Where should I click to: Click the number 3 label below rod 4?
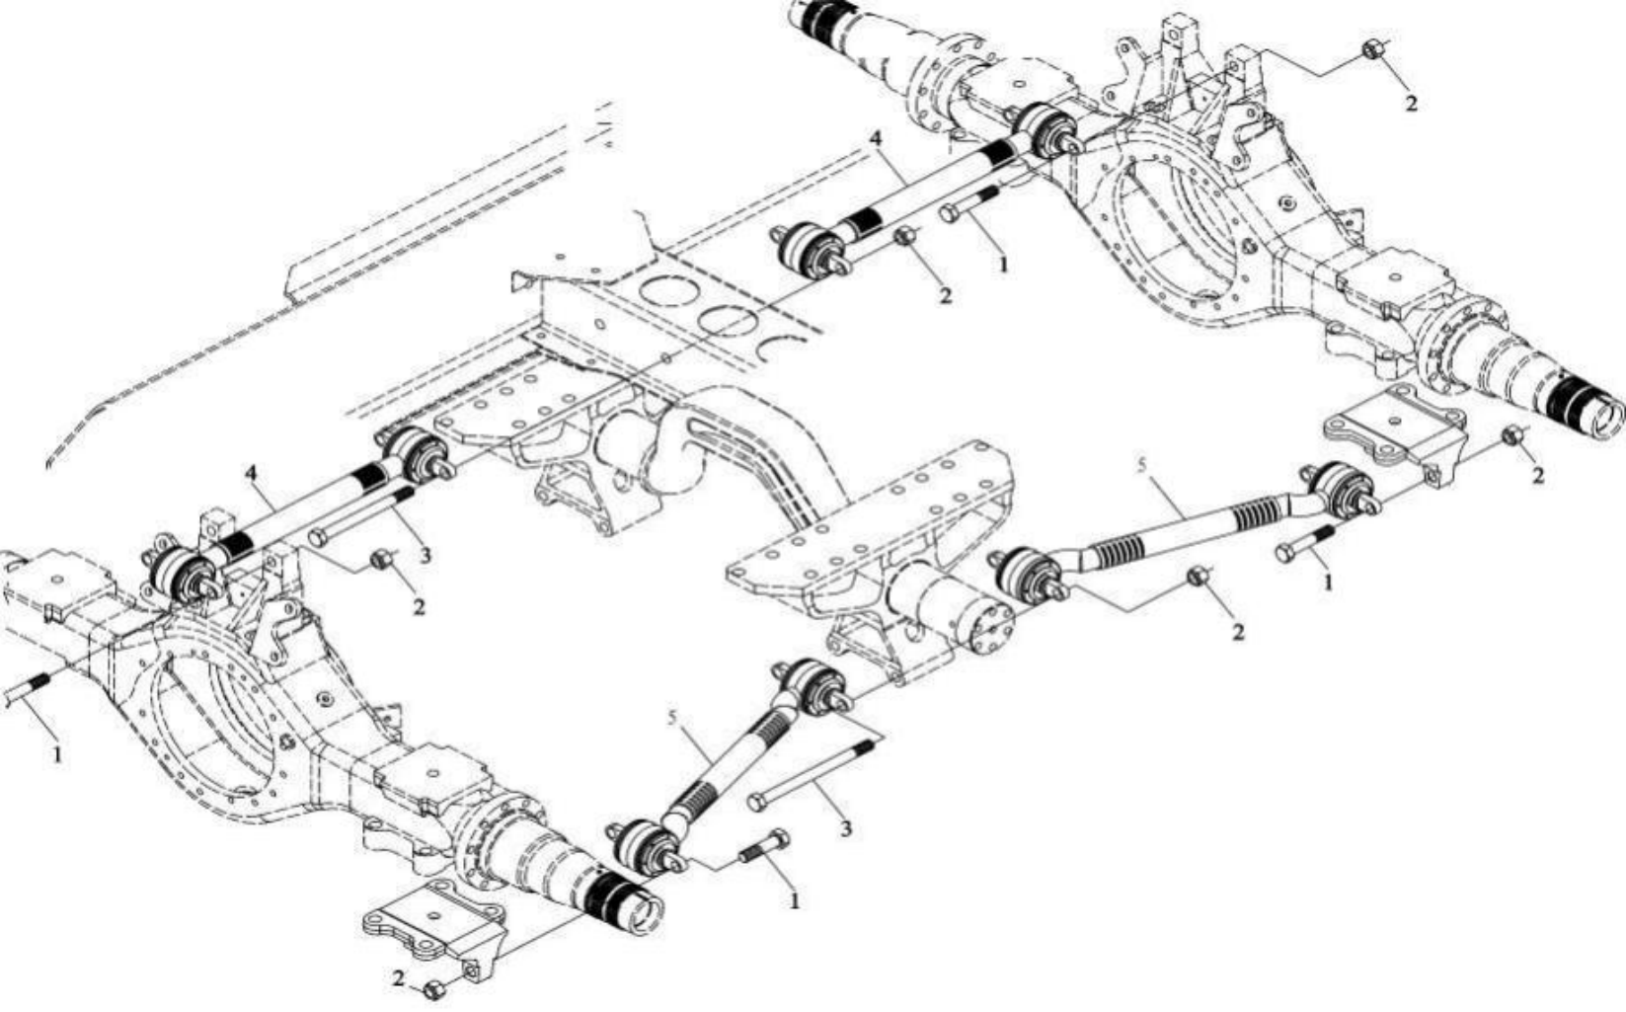pyautogui.click(x=426, y=556)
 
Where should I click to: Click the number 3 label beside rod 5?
pyautogui.click(x=845, y=827)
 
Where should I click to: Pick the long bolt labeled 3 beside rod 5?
pyautogui.click(x=814, y=772)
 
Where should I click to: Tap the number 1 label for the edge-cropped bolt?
pyautogui.click(x=57, y=754)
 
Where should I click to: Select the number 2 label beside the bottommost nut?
pyautogui.click(x=399, y=978)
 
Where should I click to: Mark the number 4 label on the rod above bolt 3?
pyautogui.click(x=253, y=475)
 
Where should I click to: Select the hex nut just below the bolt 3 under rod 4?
pyautogui.click(x=381, y=560)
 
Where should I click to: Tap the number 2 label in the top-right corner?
pyautogui.click(x=1411, y=103)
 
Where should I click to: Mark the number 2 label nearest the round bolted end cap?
pyautogui.click(x=1237, y=631)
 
